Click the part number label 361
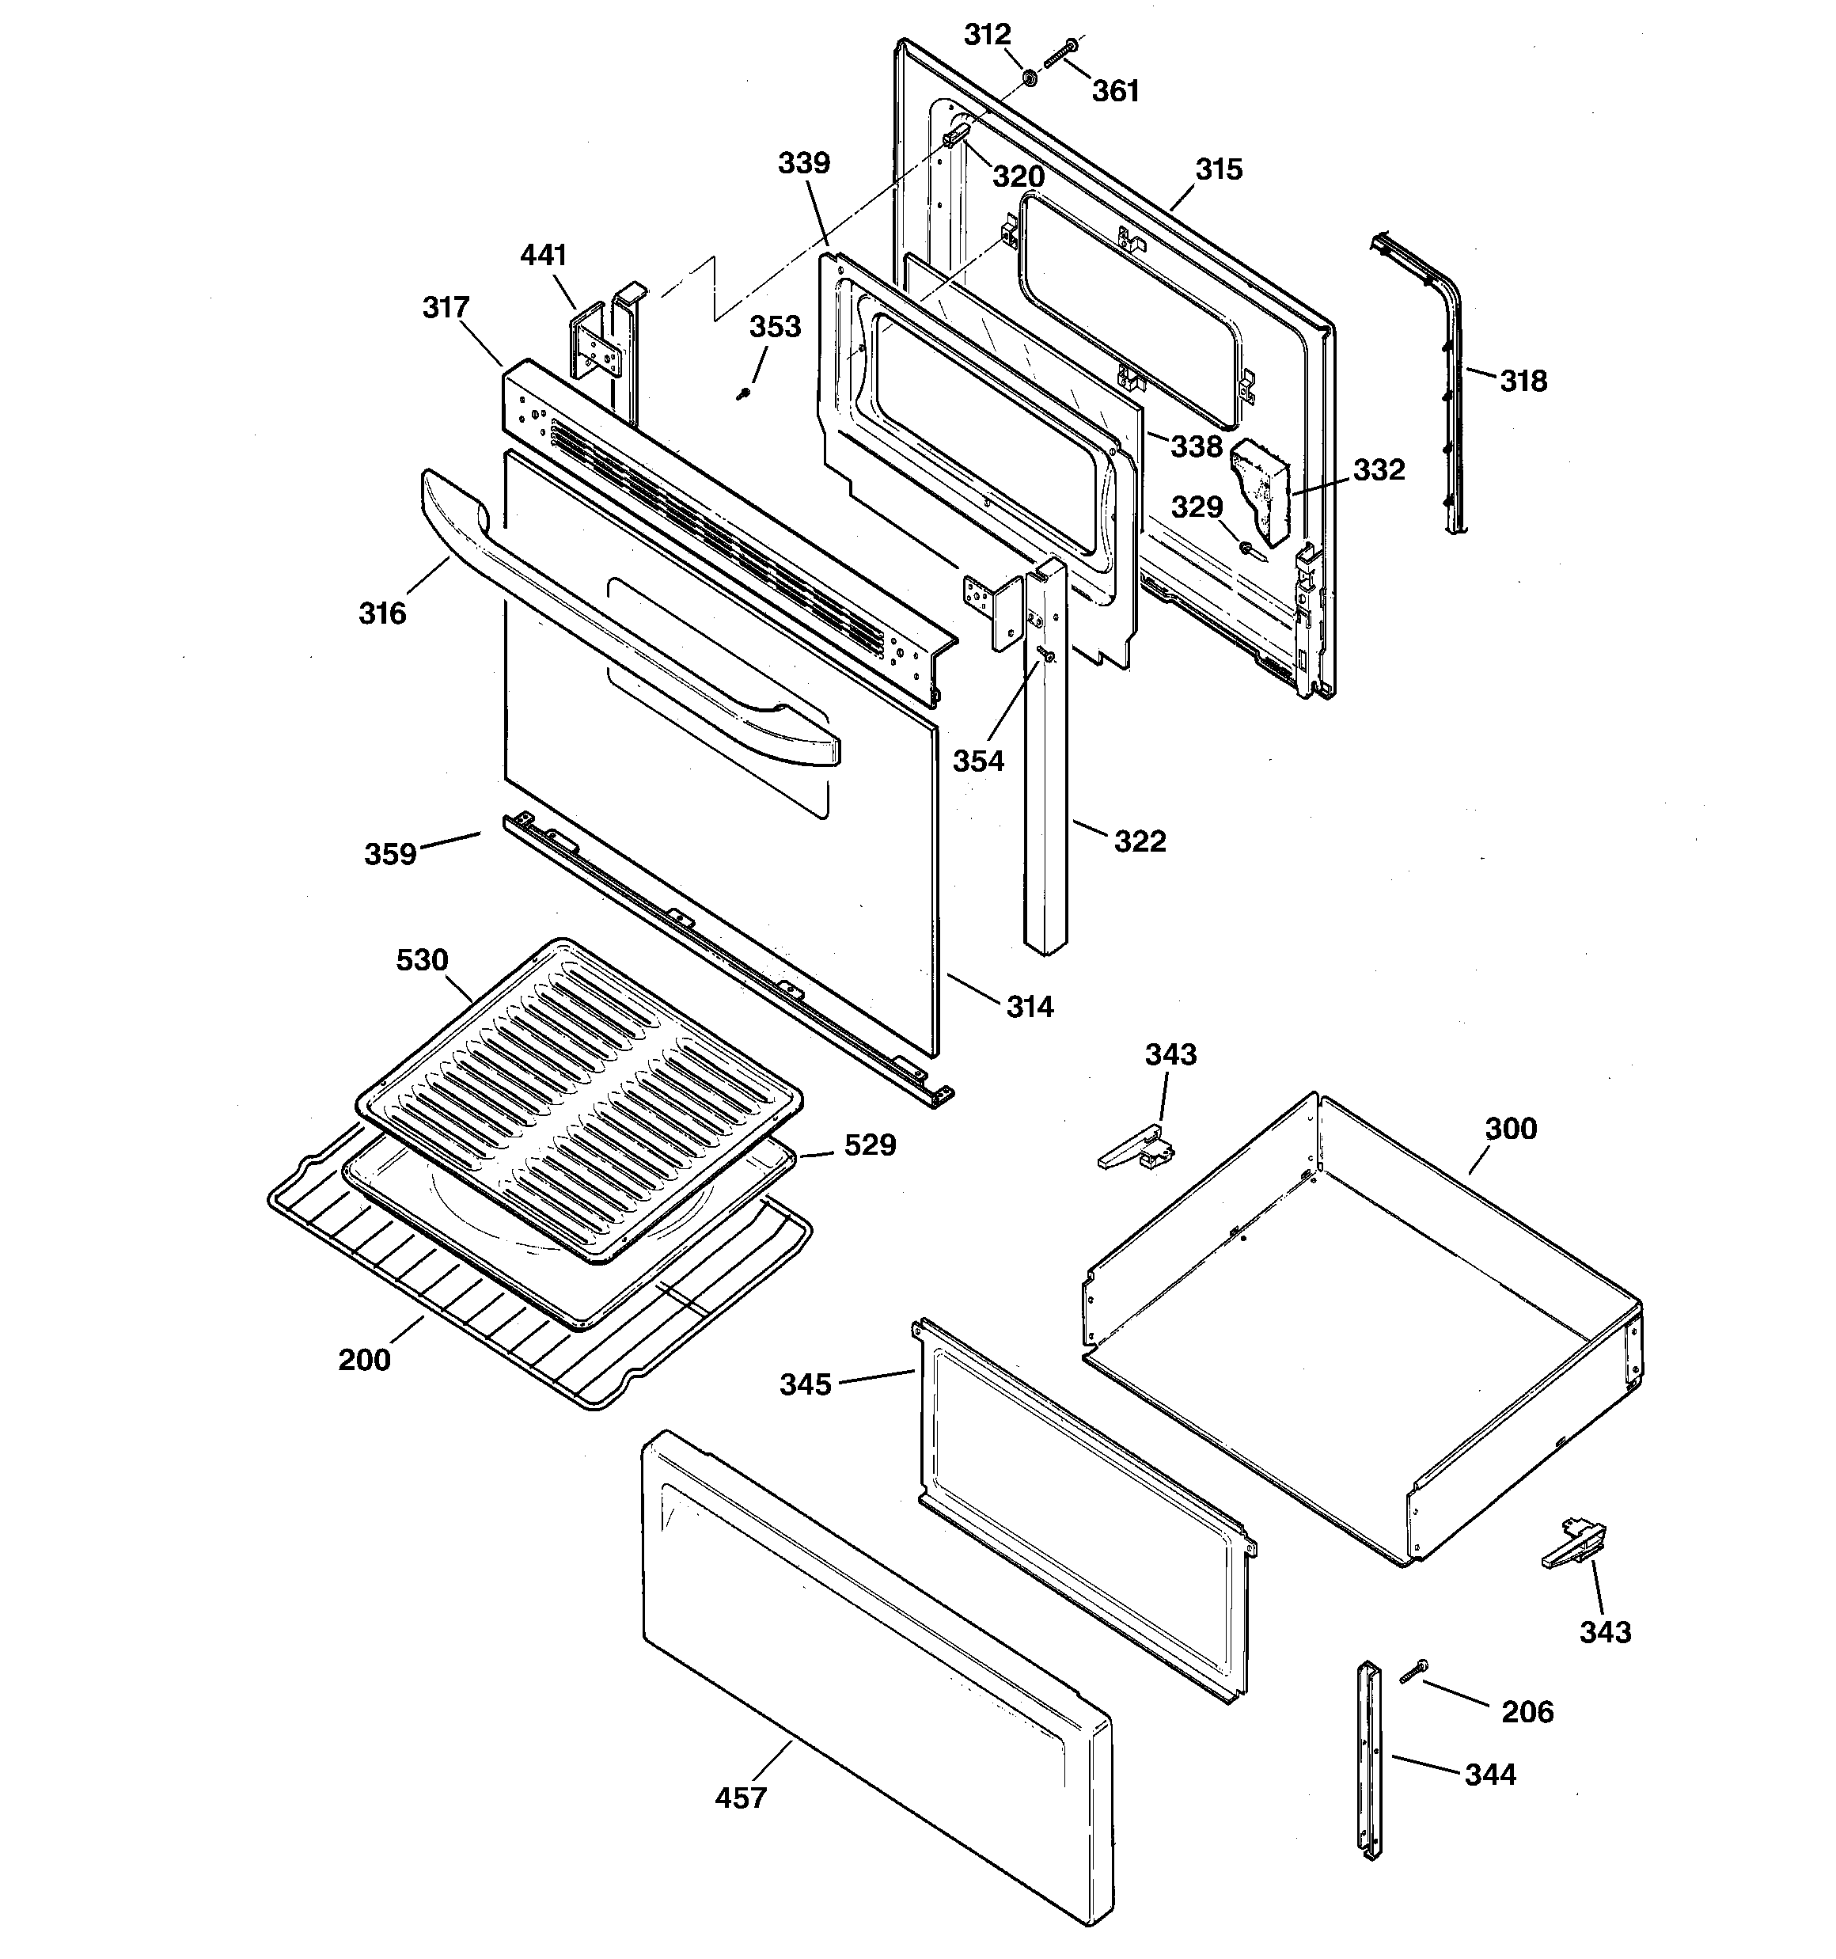click(x=1116, y=91)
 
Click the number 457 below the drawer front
click(x=740, y=1798)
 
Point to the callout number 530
click(x=422, y=960)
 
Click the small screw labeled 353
click(x=744, y=394)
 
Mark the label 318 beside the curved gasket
click(x=1523, y=381)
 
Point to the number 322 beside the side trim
click(x=1140, y=841)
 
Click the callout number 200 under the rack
click(x=365, y=1360)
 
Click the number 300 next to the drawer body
click(x=1511, y=1128)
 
